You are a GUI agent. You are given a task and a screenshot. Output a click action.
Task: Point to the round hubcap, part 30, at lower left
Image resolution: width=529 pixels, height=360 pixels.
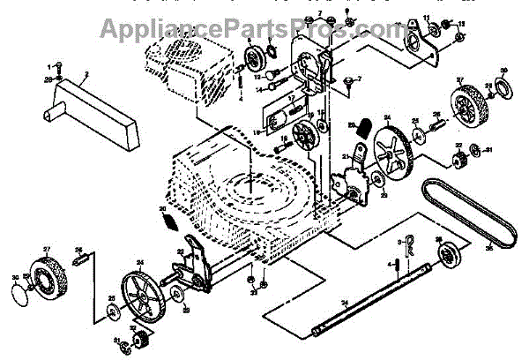pyautogui.click(x=17, y=284)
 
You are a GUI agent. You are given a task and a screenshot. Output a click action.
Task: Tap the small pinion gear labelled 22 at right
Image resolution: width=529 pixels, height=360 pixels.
pyautogui.click(x=459, y=161)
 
